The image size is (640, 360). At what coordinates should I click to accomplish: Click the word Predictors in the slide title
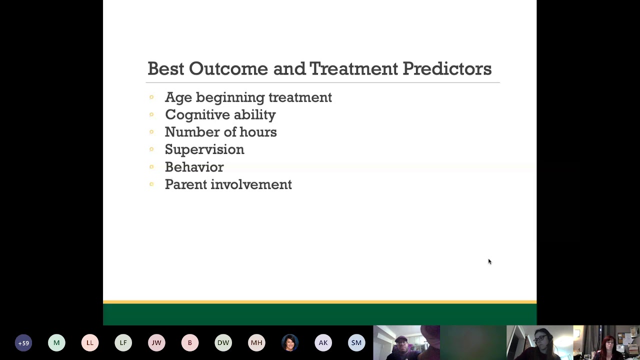coord(446,69)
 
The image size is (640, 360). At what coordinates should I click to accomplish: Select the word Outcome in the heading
coord(228,69)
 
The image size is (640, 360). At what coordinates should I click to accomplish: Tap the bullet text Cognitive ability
coord(220,114)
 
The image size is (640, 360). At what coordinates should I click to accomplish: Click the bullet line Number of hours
coord(220,132)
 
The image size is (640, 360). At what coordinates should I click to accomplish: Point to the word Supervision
coord(204,149)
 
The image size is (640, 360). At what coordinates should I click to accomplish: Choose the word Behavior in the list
coord(194,167)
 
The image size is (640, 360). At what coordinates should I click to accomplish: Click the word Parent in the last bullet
coord(185,184)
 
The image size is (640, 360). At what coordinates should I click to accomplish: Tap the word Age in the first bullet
coord(177,97)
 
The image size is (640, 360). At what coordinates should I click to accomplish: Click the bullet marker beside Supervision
coord(151,149)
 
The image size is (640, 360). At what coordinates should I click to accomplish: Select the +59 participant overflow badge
coord(23,343)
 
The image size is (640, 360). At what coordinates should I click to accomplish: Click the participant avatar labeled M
coord(56,343)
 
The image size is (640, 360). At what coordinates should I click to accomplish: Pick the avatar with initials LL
coord(90,343)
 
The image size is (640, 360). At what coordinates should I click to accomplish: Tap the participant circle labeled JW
coord(156,343)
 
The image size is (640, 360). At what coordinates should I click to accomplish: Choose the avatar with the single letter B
coord(190,343)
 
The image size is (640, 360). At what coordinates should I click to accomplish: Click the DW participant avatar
coord(223,343)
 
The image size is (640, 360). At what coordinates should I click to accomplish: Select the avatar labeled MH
coord(256,343)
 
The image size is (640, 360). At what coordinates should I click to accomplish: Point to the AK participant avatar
coord(323,343)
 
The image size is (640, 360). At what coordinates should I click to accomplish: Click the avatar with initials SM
coord(356,343)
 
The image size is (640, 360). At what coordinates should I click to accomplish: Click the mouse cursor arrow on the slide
coord(489,261)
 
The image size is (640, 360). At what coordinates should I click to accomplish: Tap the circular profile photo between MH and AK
coord(290,343)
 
